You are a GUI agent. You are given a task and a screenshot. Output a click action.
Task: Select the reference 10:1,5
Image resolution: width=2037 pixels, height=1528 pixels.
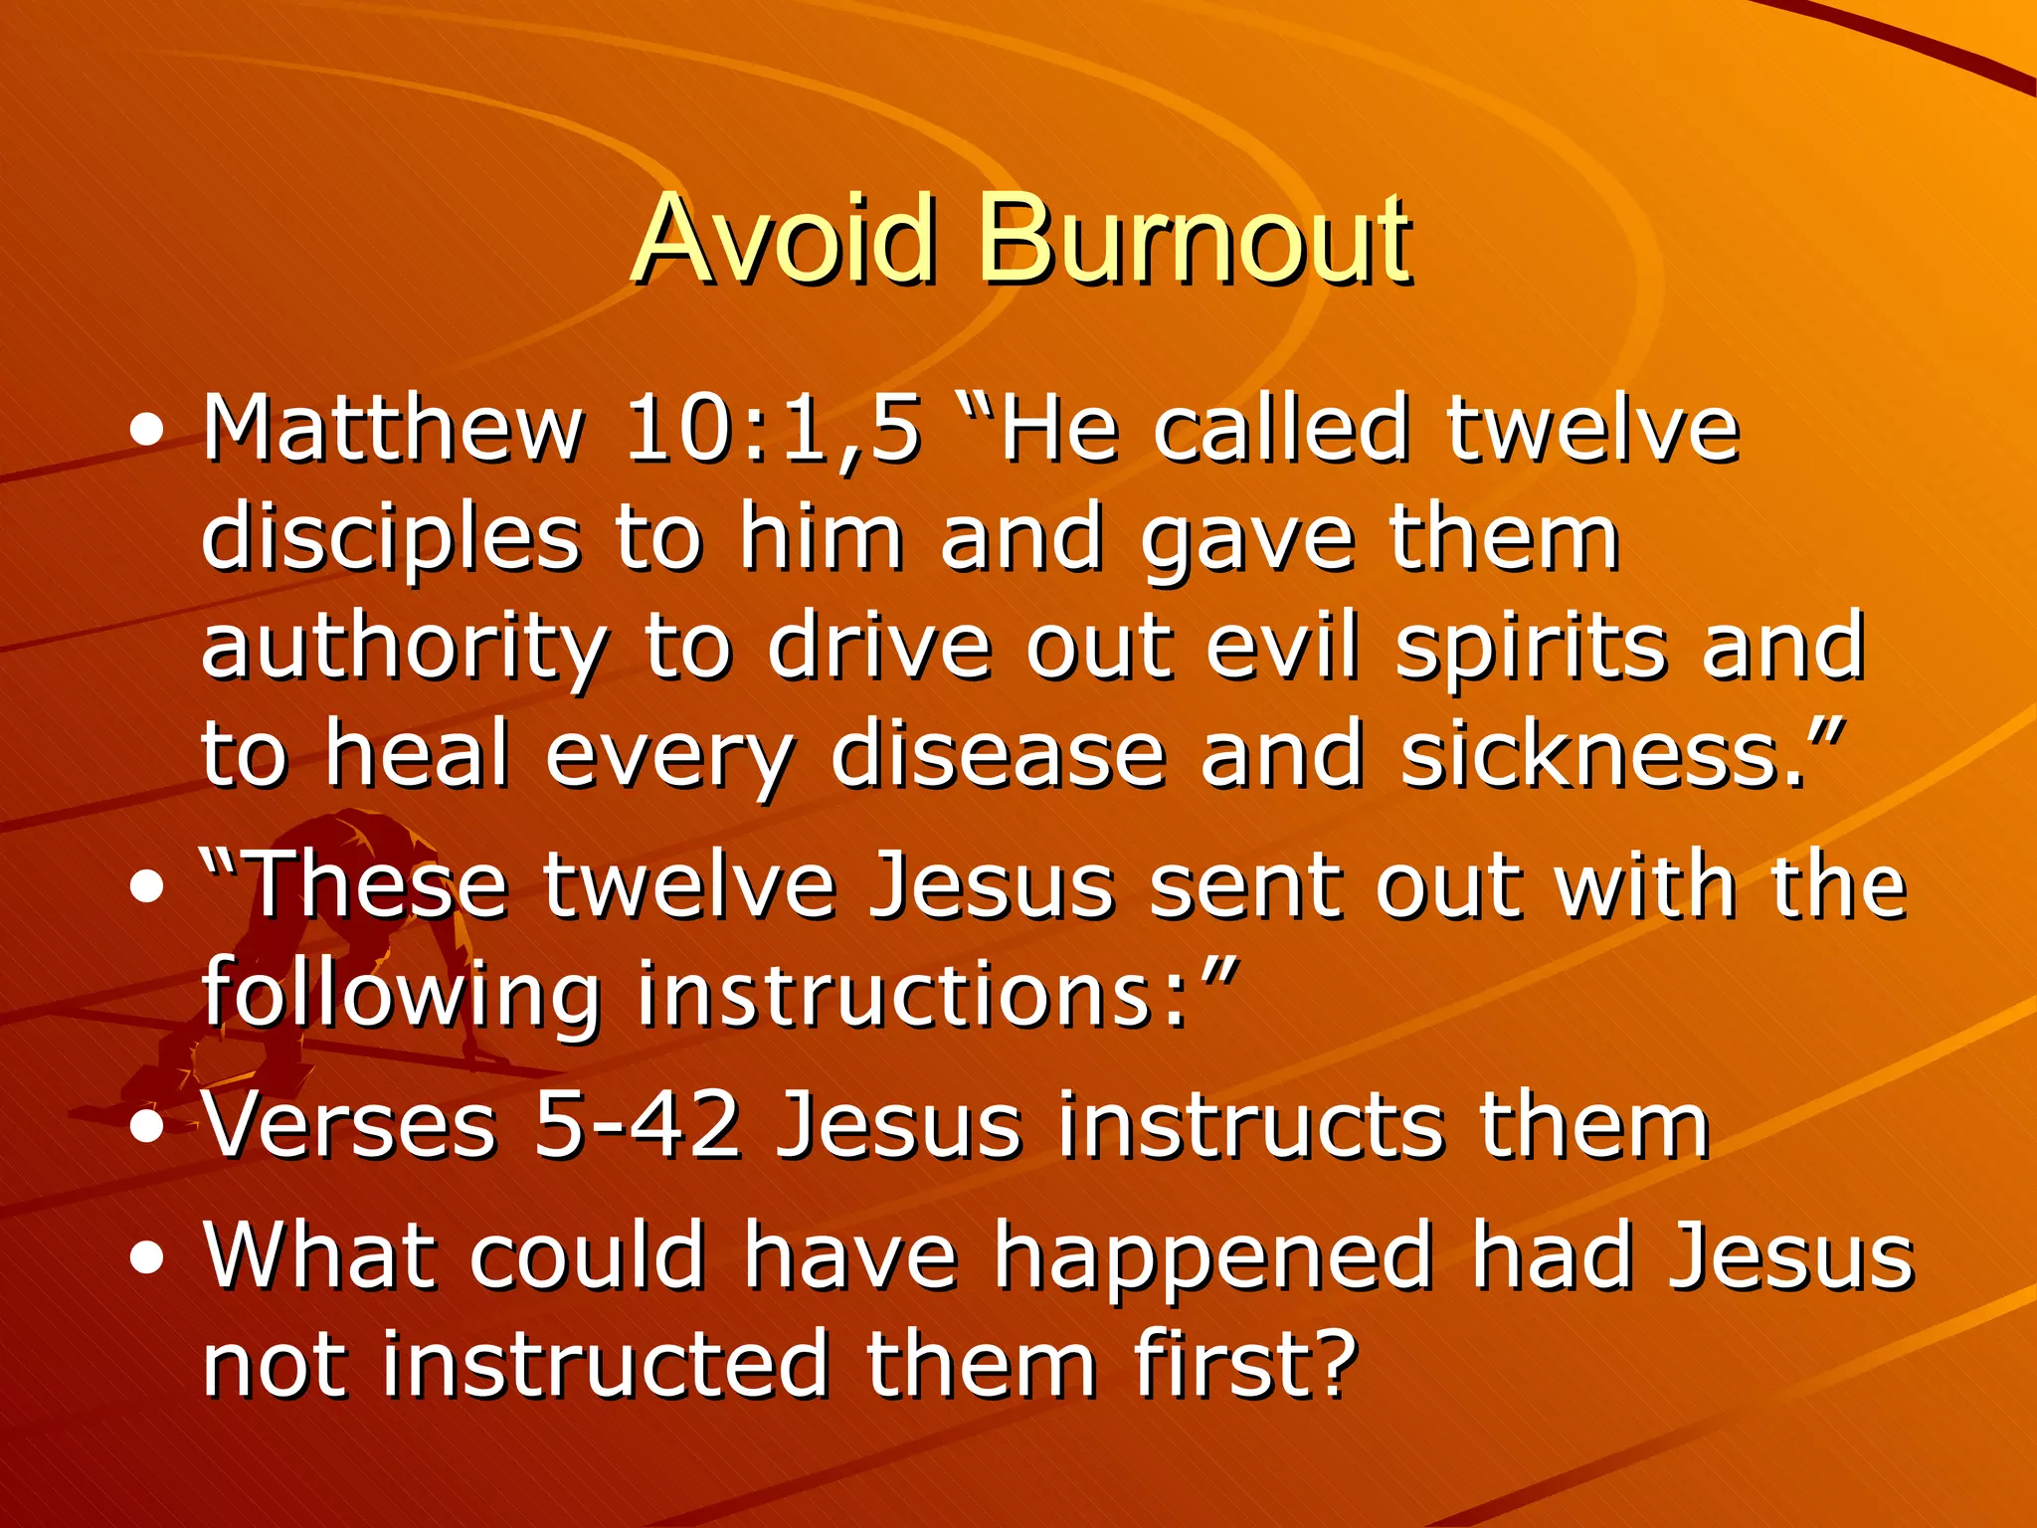pyautogui.click(x=772, y=430)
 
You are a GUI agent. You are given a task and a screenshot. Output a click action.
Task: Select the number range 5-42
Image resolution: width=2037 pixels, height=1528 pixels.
pyautogui.click(x=638, y=1126)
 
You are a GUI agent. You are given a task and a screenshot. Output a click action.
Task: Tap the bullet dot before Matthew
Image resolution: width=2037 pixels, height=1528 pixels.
pyautogui.click(x=147, y=432)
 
